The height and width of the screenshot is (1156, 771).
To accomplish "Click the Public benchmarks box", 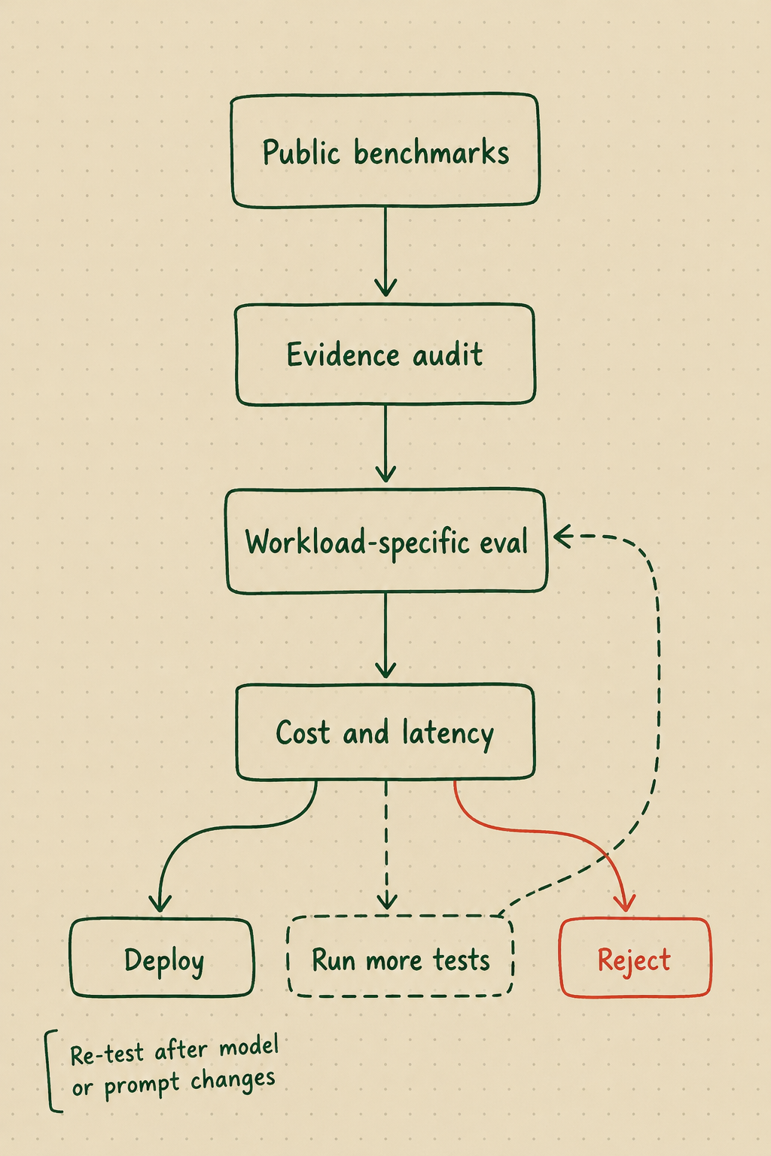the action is click(385, 151).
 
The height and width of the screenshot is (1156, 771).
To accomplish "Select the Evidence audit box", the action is click(385, 354).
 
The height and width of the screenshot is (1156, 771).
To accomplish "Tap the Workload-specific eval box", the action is click(386, 541).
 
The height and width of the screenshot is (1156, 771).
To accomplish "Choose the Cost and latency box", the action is click(385, 732).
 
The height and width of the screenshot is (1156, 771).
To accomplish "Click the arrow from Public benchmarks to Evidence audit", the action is click(385, 252).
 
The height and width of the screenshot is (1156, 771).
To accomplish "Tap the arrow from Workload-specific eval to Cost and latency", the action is click(385, 636).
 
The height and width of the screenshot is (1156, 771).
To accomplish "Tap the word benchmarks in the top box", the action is click(431, 152).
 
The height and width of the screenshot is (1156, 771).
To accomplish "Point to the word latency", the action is click(448, 734).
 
